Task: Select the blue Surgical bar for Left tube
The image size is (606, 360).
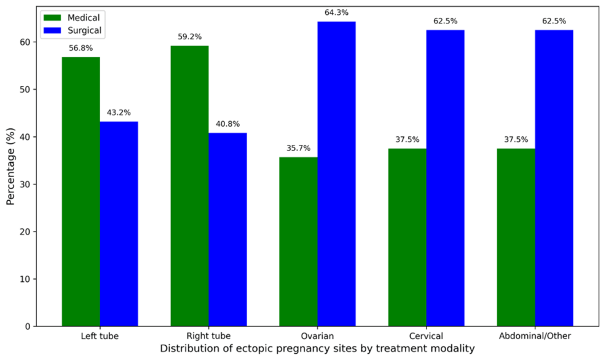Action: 119,224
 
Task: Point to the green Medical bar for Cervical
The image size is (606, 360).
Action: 407,237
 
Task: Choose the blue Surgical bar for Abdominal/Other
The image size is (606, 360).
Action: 554,178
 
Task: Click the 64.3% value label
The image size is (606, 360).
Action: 336,12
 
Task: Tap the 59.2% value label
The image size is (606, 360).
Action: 189,36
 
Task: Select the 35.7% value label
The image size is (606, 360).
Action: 298,147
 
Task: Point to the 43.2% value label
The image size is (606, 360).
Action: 119,112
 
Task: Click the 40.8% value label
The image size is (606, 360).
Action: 227,123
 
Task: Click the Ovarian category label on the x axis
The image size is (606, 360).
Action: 317,337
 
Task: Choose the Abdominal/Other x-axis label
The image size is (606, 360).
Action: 535,337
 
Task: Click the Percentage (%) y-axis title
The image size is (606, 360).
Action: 10,167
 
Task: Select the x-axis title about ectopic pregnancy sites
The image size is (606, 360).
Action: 317,349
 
